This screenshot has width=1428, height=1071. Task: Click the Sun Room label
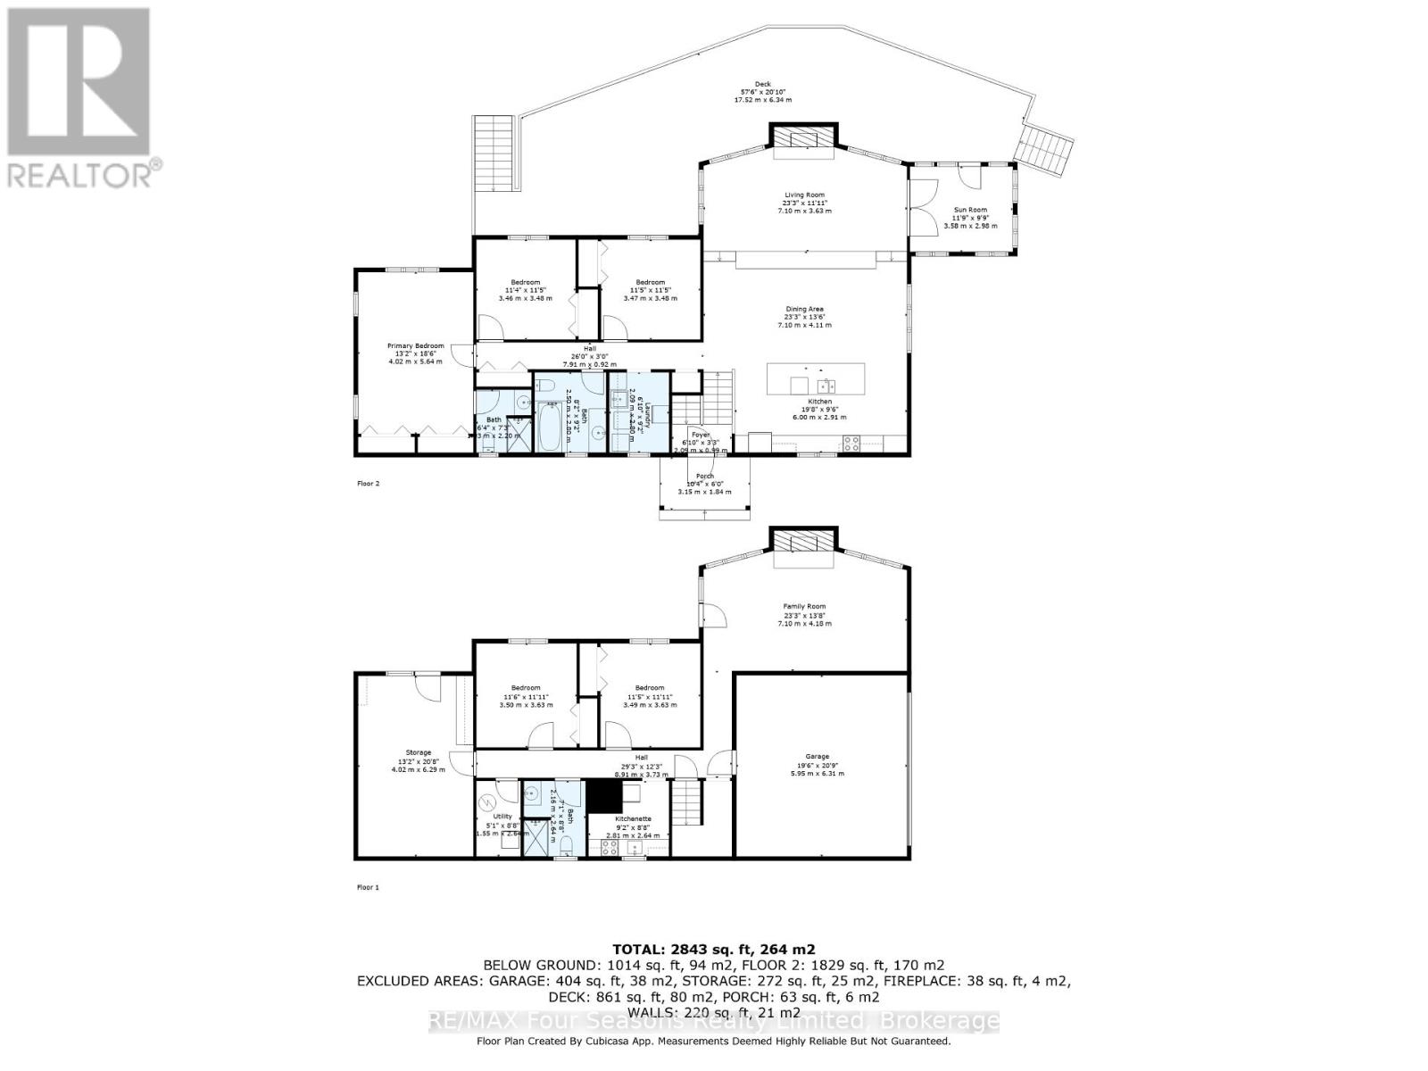pos(971,210)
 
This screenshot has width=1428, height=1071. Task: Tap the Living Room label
pos(803,195)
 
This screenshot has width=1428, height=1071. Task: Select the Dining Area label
pos(803,309)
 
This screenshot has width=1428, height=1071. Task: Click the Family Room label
pos(803,606)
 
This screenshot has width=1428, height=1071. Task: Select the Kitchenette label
pos(633,818)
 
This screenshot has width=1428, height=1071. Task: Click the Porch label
pos(704,477)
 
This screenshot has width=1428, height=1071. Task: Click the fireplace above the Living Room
pos(803,138)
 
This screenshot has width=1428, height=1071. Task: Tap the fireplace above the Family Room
pos(803,542)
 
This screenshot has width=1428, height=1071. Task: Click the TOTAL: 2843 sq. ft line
pos(713,950)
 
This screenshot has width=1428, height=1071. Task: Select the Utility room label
pos(502,817)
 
